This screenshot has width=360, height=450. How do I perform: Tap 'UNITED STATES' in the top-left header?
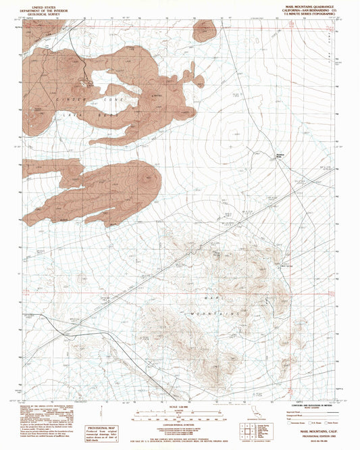point(40,4)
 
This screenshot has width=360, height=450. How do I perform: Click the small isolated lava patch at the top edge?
point(203,30)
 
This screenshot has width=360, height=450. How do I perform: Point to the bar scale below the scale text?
point(180,409)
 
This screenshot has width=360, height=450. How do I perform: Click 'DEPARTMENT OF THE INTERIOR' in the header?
point(40,8)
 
